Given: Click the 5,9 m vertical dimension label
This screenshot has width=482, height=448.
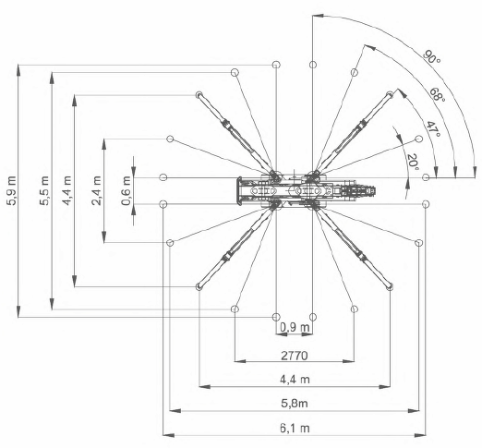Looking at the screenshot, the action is (x=12, y=191).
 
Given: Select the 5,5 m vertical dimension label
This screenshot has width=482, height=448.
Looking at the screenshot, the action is (x=43, y=191).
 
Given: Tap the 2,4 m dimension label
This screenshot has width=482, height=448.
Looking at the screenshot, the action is (x=96, y=191).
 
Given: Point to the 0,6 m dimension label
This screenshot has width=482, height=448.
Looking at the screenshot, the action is (x=126, y=191).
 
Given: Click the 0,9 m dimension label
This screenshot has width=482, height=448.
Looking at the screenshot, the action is (x=295, y=327).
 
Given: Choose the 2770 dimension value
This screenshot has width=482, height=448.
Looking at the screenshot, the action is (x=295, y=356).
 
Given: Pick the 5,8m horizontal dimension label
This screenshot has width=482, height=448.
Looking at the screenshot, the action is (x=295, y=404).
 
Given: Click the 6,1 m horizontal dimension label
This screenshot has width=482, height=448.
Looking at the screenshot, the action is (x=295, y=429).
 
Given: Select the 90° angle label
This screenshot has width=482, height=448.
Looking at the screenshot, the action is (x=431, y=57).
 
